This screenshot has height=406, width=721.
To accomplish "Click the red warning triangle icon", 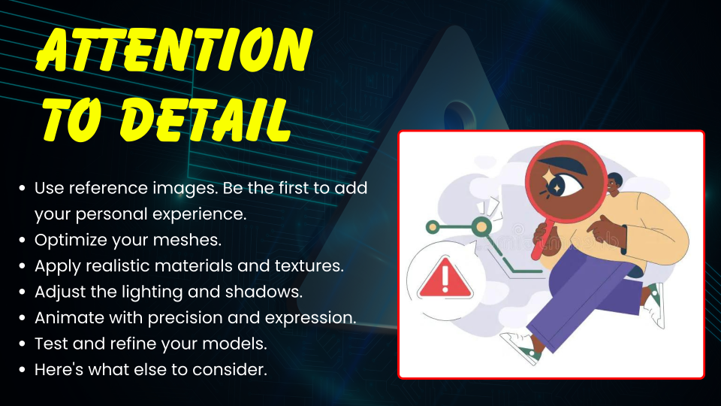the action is coord(445,277).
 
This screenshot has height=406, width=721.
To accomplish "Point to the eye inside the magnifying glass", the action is coord(562,183).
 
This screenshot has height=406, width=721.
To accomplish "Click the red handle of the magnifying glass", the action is coord(542,239).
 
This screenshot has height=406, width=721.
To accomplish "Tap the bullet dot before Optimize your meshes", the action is coord(22,241).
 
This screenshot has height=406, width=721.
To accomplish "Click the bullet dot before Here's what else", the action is coord(22,370).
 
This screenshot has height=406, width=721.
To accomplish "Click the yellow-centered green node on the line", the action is coord(481,226).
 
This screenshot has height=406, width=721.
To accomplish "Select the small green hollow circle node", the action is coord(433,227).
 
